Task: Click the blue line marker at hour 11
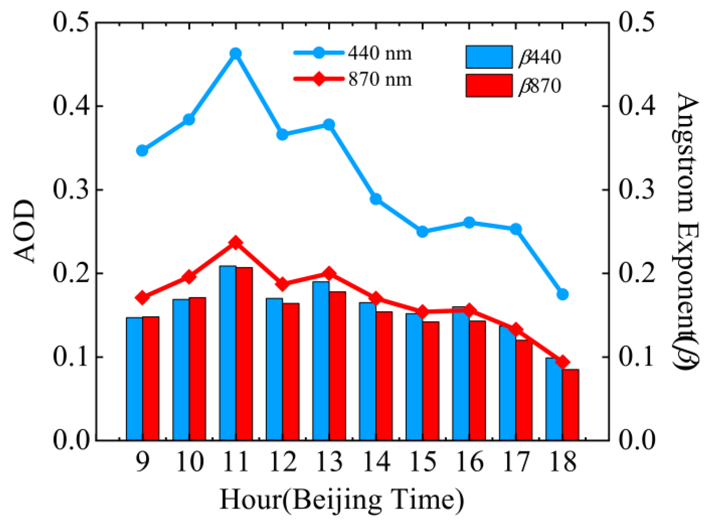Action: [236, 54]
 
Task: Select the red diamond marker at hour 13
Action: [329, 274]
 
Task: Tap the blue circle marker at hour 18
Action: [562, 294]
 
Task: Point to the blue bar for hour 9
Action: [134, 378]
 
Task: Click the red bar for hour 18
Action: [571, 404]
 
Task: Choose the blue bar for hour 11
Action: [228, 353]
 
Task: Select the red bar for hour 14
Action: [384, 376]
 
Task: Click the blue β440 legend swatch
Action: [489, 57]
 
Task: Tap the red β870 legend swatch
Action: [489, 85]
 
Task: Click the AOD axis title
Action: [24, 232]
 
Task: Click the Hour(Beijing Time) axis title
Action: [342, 499]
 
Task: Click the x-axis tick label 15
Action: [423, 462]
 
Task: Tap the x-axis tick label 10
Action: [190, 462]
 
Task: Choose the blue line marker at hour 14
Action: [376, 199]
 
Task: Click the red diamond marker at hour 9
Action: [142, 298]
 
